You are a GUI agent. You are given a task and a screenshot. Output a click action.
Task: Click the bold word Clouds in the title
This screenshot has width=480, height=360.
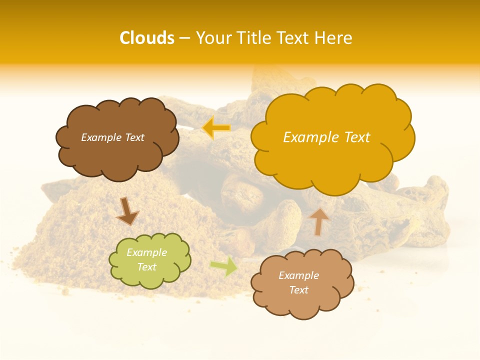[x=146, y=38]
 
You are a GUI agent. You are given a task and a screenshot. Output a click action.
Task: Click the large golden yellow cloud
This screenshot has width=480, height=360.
[x=332, y=160]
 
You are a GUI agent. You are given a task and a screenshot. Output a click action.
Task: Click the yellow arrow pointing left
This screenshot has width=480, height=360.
[x=216, y=128]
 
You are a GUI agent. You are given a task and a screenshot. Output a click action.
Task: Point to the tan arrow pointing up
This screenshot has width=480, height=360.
[x=319, y=221]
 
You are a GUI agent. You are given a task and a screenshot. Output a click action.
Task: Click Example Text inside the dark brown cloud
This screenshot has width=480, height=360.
[x=112, y=137]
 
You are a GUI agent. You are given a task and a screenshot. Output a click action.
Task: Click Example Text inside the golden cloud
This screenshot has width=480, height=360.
[x=326, y=137]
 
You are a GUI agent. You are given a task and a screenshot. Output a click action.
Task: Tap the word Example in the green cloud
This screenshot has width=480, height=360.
[x=146, y=252]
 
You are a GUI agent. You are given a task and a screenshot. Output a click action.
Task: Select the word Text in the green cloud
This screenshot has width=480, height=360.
[x=146, y=267]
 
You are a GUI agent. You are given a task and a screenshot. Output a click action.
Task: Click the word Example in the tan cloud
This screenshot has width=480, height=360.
[x=298, y=275]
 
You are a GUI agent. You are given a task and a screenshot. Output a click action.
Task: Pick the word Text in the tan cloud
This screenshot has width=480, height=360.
[x=298, y=290]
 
